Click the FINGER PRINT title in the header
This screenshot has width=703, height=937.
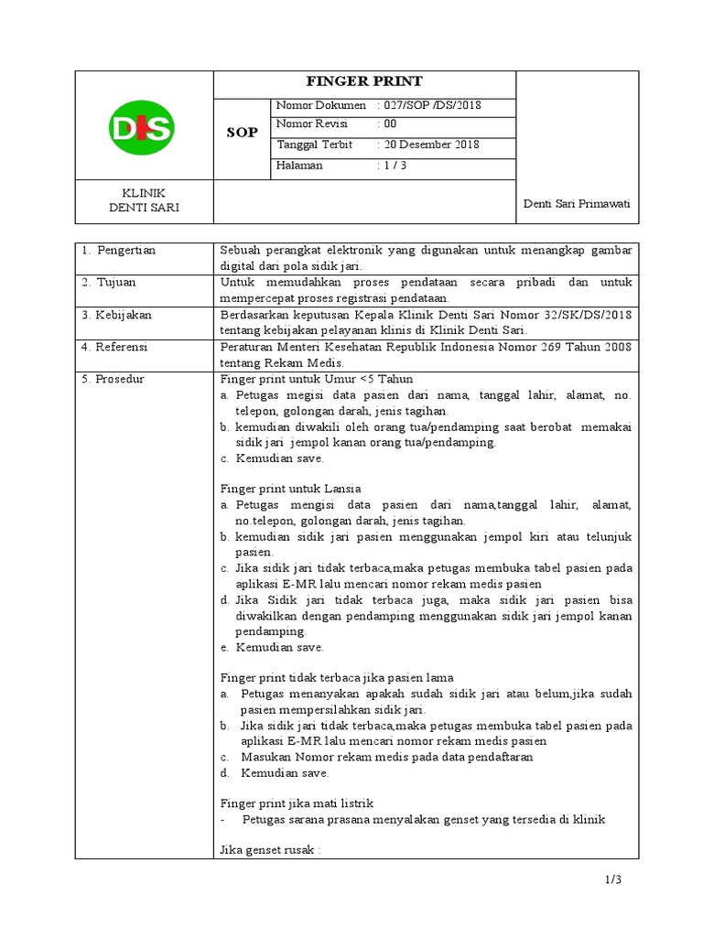[364, 82]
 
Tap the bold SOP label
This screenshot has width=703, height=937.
[242, 134]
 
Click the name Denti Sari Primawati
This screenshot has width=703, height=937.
[577, 202]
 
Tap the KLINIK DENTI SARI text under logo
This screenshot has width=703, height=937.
[143, 200]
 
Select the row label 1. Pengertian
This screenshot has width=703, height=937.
[119, 250]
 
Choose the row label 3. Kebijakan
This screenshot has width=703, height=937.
[116, 314]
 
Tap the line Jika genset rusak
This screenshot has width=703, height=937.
[270, 850]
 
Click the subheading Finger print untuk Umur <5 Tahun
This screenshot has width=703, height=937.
[310, 378]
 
